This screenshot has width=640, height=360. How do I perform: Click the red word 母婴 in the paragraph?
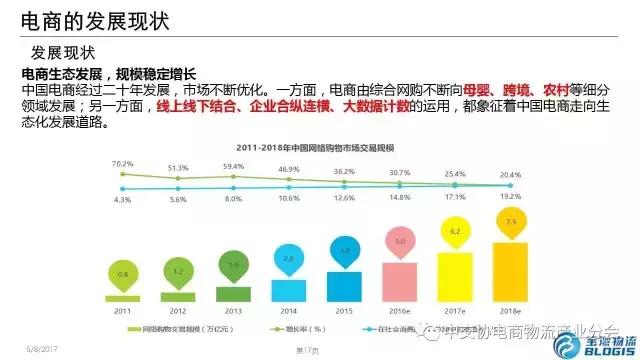pos(432,90)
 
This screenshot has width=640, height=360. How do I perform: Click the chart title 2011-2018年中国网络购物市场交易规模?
pos(319,146)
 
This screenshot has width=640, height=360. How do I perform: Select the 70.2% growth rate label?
pos(122,162)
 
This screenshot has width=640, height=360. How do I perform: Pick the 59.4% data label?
pos(233,166)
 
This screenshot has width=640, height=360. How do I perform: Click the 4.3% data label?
pos(122,199)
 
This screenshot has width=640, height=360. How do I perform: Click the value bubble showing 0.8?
pos(122,273)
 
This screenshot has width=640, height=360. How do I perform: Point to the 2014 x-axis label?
pos(289,311)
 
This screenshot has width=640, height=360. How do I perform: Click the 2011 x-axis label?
pos(122,311)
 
